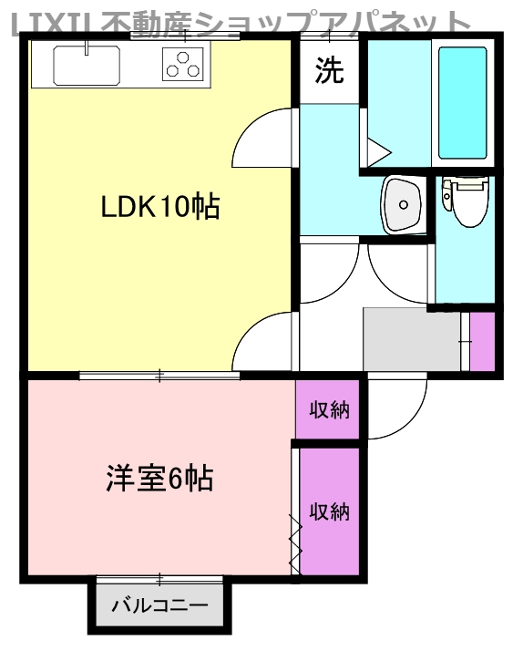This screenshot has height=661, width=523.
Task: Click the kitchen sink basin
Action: coord(87,65)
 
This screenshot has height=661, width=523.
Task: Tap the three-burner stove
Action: coord(183,63)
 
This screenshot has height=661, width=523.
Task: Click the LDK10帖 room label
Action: coord(159,208)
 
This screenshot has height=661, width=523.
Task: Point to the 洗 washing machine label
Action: coord(330,71)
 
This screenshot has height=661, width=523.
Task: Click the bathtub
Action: coord(464,101)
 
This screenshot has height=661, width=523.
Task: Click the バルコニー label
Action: coord(159,605)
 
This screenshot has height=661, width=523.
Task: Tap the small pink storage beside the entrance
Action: coord(481,341)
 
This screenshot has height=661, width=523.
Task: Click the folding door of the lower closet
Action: coord(295,543)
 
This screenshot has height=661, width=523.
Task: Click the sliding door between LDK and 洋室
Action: coord(159,375)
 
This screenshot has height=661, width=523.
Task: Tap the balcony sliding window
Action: coord(159,578)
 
